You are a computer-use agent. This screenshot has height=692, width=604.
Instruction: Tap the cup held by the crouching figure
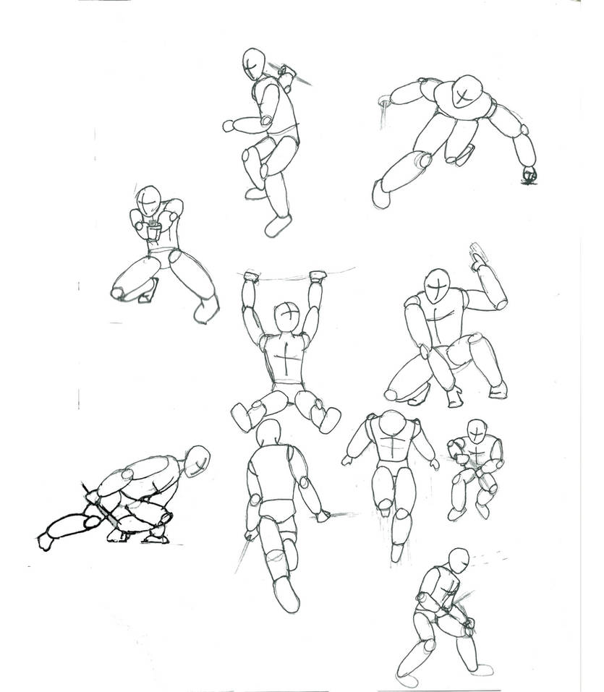(x=154, y=231)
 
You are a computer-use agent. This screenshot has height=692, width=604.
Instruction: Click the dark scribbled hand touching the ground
(x=529, y=174)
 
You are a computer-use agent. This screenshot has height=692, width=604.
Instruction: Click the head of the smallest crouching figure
(x=477, y=431)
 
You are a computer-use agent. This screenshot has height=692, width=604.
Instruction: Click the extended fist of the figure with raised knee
(x=229, y=125)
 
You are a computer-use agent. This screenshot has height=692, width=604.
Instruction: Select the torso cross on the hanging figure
(x=288, y=359)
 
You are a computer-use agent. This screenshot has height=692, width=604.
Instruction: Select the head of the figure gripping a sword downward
(x=457, y=561)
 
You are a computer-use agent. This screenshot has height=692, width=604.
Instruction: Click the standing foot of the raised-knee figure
(x=277, y=226)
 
